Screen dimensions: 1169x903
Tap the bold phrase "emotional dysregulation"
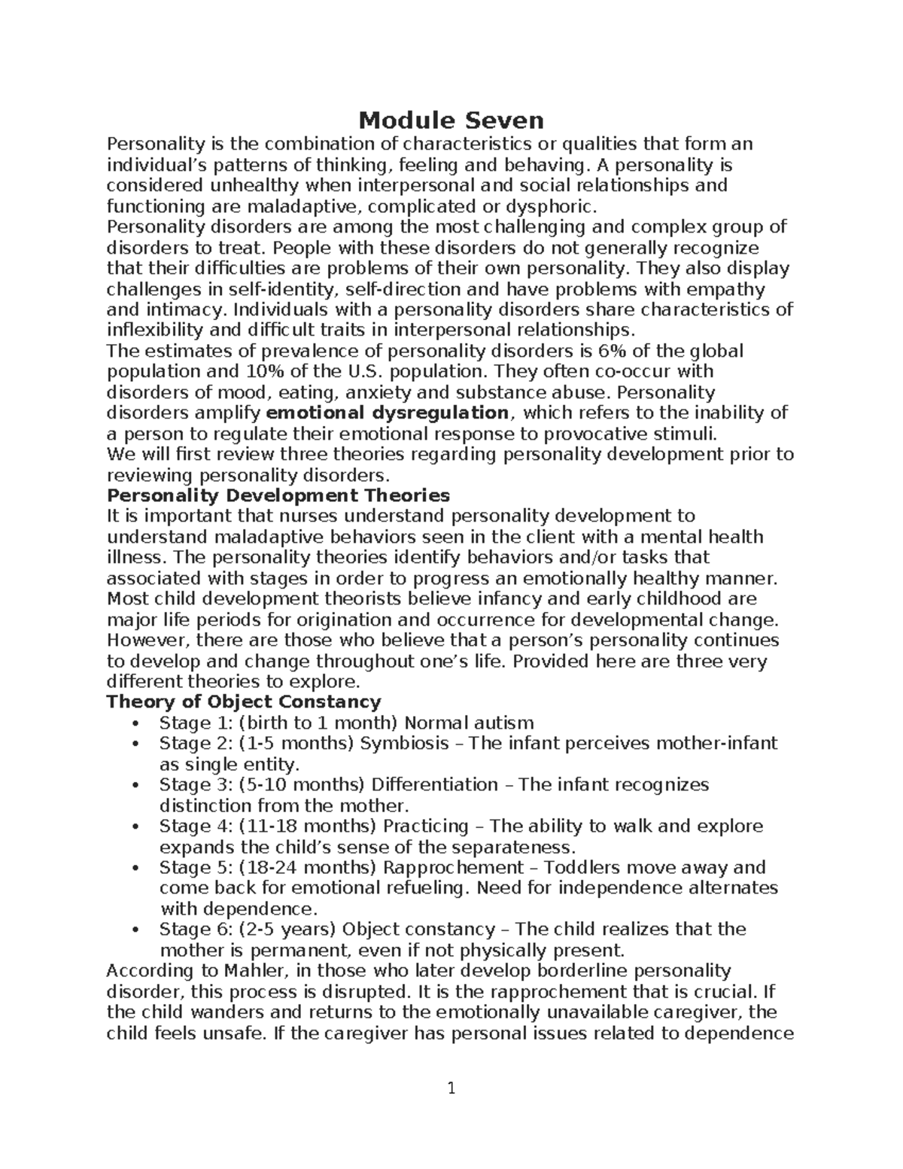pyautogui.click(x=388, y=412)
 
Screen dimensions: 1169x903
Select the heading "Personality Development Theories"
pyautogui.click(x=278, y=495)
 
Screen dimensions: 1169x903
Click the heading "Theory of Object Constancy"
pyautogui.click(x=244, y=702)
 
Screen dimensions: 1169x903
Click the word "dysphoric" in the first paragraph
pyautogui.click(x=553, y=207)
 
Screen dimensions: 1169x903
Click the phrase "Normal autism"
pyautogui.click(x=469, y=723)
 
